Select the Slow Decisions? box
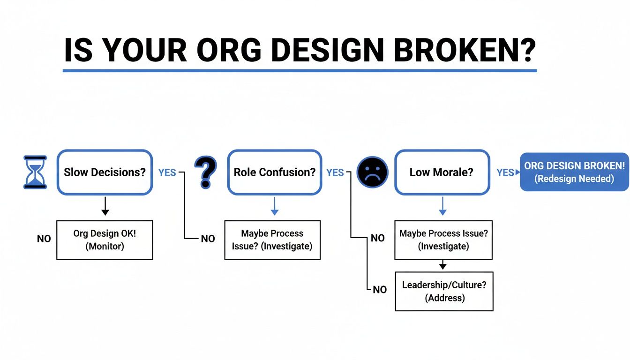pos(105,172)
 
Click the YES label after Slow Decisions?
pos(167,172)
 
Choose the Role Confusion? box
pos(275,172)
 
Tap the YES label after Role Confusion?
pos(335,172)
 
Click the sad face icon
pos(372,172)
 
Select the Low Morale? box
pos(442,172)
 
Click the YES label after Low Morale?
pos(505,172)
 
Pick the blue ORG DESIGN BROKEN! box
pos(574,172)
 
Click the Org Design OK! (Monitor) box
pos(105,240)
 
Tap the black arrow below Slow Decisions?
pos(105,206)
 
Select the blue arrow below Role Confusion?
pos(275,206)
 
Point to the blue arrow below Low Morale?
pos(442,206)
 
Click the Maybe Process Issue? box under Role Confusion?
pos(272,240)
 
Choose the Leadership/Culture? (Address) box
pos(444,291)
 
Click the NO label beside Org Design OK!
pos(44,239)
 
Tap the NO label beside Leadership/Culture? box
pos(380,290)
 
